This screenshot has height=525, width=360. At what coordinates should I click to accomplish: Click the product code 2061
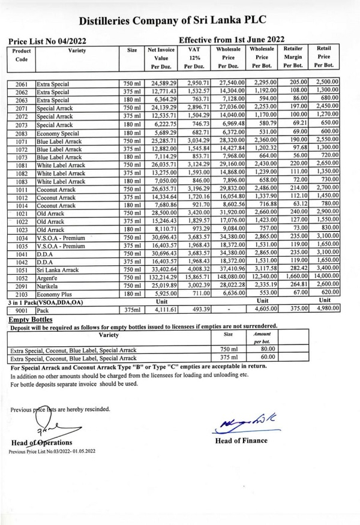tap(22, 85)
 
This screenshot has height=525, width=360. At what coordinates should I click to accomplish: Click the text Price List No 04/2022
tap(48, 41)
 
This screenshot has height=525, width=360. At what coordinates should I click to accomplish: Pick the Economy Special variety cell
tap(58, 134)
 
